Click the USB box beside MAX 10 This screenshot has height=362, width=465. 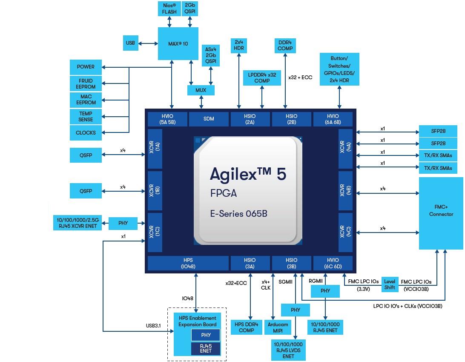pyautogui.click(x=130, y=43)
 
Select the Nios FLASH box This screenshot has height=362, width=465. pyautogui.click(x=169, y=9)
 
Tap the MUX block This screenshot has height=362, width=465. pyautogui.click(x=201, y=90)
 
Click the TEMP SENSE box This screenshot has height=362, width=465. pyautogui.click(x=86, y=117)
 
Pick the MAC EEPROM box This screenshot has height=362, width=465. pyautogui.click(x=86, y=100)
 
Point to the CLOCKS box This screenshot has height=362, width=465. pyautogui.click(x=86, y=132)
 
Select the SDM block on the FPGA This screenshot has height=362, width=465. pyautogui.click(x=209, y=119)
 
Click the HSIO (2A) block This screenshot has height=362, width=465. pyautogui.click(x=250, y=119)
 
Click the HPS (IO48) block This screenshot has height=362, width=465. pyautogui.click(x=188, y=263)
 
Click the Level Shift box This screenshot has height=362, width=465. pyautogui.click(x=390, y=284)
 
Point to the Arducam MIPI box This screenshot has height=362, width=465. pyautogui.click(x=278, y=327)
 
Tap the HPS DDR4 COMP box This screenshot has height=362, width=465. pyautogui.click(x=247, y=327)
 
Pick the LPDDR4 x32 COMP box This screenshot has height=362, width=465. pyautogui.click(x=262, y=78)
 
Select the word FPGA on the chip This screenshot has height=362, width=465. pyautogui.click(x=223, y=193)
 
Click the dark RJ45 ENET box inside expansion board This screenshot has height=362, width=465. pyautogui.click(x=206, y=348)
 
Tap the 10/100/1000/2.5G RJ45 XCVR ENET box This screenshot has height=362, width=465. pyautogui.click(x=77, y=223)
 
